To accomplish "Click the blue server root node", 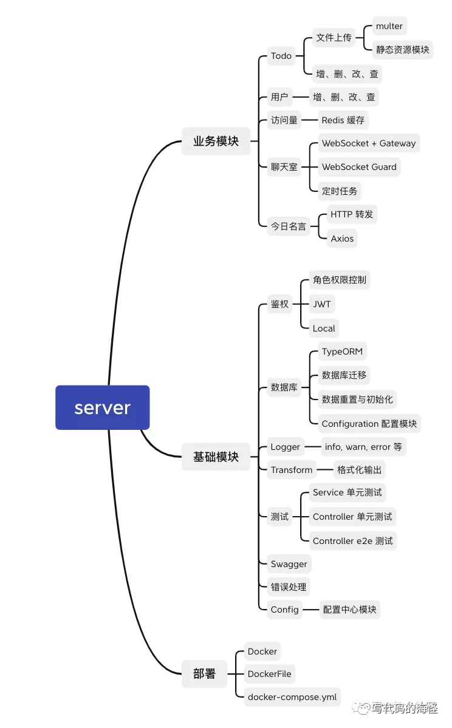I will [x=102, y=407].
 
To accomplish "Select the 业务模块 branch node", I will [x=216, y=141].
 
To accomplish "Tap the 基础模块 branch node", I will [x=216, y=457].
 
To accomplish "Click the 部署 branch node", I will [x=204, y=674].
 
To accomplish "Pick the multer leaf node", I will [x=389, y=26].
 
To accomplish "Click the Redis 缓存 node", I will [x=343, y=120].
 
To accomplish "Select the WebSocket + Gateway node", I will [x=369, y=143].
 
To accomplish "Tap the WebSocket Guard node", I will [x=359, y=167].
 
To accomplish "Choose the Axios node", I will [x=342, y=239].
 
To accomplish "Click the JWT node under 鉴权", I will [x=322, y=304].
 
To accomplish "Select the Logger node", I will [x=286, y=447].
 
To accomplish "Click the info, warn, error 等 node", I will [x=363, y=447].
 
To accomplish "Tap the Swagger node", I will [x=289, y=564].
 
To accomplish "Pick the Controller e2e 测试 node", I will [x=352, y=541].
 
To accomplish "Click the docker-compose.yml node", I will [x=292, y=697].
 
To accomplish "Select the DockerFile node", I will [x=269, y=674].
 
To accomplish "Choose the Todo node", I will [x=281, y=56].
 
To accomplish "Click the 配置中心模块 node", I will [x=350, y=610].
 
